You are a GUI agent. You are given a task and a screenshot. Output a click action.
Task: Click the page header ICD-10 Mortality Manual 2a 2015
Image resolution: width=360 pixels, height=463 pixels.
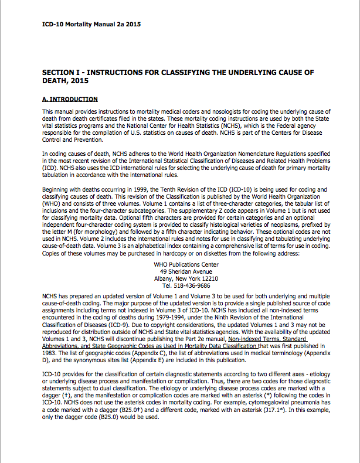pyautogui.click(x=91, y=25)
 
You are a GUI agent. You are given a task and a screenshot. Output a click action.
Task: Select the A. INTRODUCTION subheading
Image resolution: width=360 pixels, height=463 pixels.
pyautogui.click(x=70, y=99)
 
